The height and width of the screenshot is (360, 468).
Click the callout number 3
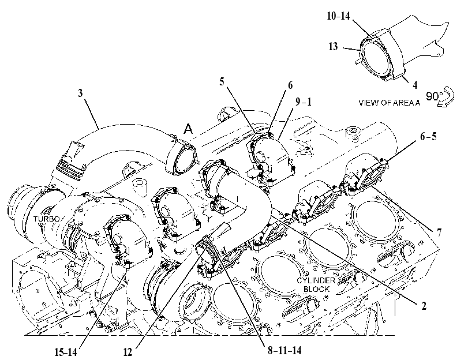tap(80, 93)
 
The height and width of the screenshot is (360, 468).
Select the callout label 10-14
tap(338, 16)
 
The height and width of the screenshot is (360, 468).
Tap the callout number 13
tap(333, 46)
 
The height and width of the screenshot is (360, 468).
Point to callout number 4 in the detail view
tap(414, 85)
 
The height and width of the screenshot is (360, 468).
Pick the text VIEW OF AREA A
tap(389, 103)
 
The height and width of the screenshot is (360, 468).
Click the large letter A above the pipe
tap(188, 129)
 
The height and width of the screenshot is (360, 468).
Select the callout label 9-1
tap(303, 102)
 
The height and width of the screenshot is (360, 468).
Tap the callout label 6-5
tap(428, 136)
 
